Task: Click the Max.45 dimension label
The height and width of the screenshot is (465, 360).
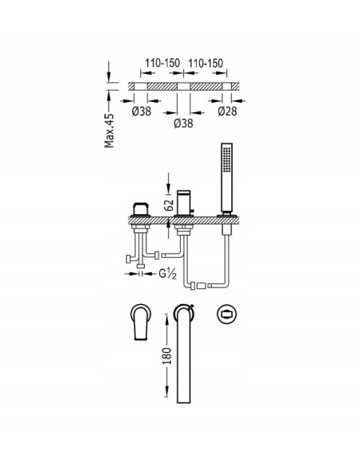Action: [109, 131]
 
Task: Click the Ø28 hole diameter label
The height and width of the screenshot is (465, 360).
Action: [228, 111]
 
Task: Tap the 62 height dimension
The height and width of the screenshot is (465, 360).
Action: [168, 205]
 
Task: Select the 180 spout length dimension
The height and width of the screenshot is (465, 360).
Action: [167, 356]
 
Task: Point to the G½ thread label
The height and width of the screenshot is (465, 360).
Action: [167, 274]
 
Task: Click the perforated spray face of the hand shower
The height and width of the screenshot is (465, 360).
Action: [227, 159]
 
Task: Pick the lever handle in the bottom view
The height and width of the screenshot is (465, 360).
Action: [140, 322]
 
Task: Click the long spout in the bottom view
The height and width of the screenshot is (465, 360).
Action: [183, 354]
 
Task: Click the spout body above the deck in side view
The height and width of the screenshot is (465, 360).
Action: [184, 203]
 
